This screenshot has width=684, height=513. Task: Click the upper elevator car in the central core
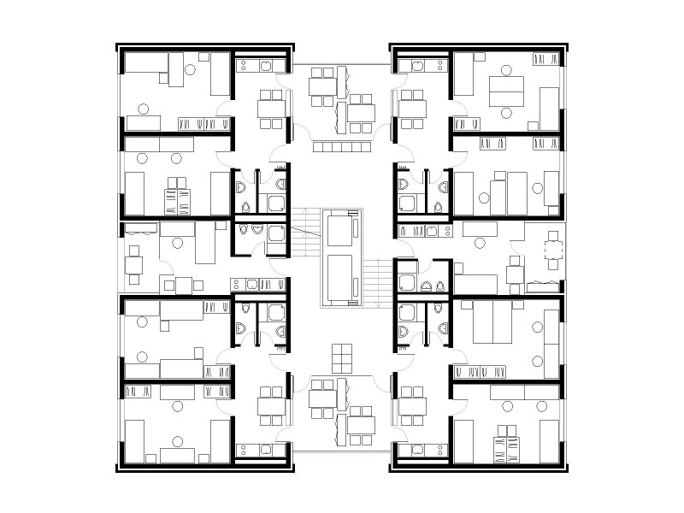pyautogui.click(x=342, y=228)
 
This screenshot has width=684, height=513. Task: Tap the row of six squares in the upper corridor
pyautogui.click(x=340, y=148)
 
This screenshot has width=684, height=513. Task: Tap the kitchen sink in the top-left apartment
pyautogui.click(x=275, y=65)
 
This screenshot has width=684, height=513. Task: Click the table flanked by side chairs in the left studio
pyautogui.click(x=183, y=285)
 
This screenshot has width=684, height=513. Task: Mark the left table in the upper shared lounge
pyautogui.click(x=321, y=85)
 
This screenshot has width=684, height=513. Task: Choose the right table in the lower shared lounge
pyautogui.click(x=361, y=424)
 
